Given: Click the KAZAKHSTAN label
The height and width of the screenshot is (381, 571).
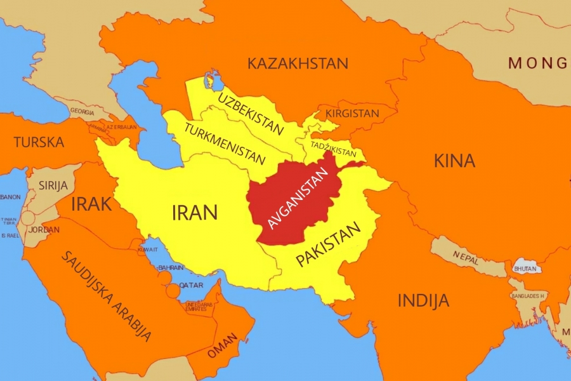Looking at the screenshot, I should pyautogui.click(x=298, y=63).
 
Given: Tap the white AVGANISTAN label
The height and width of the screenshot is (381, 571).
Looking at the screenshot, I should pyautogui.click(x=298, y=197).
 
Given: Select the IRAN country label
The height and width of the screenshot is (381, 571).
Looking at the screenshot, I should pyautogui.click(x=195, y=212).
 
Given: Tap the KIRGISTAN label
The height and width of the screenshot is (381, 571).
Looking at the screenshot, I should pyautogui.click(x=352, y=114).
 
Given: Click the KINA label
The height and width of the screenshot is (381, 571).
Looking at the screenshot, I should pyautogui.click(x=454, y=161).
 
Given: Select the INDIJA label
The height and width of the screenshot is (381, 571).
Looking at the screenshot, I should pyautogui.click(x=423, y=300).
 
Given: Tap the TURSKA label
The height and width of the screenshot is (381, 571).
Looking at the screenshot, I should pyautogui.click(x=39, y=142).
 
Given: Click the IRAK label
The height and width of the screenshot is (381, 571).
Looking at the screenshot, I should pyautogui.click(x=91, y=204).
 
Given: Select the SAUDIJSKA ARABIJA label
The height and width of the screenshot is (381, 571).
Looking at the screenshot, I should pyautogui.click(x=107, y=297).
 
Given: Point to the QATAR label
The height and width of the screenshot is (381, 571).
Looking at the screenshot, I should pyautogui.click(x=191, y=285).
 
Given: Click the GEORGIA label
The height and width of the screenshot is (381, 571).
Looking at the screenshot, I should pyautogui.click(x=82, y=110).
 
